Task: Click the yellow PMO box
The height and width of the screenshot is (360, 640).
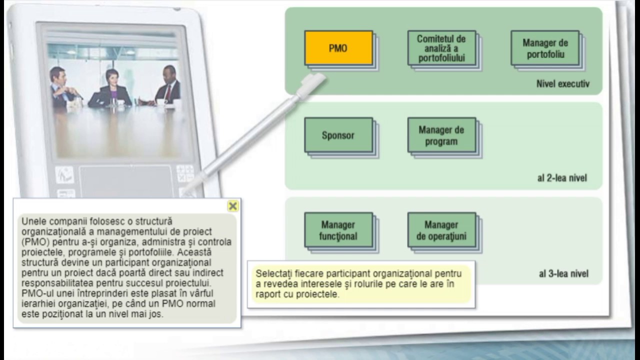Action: coord(338,48)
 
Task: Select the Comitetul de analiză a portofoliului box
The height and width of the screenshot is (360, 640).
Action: coord(441,48)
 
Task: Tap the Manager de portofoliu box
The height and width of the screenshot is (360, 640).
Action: coord(545,48)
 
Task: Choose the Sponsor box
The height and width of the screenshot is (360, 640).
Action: coord(338,135)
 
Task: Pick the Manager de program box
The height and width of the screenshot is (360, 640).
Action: coord(441,135)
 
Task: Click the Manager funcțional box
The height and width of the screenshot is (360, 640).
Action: coord(338,230)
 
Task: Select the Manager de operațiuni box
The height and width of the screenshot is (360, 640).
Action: coord(441,230)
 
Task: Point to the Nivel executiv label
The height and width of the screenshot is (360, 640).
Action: coord(562,84)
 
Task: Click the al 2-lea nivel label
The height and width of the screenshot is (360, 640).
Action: coord(562,178)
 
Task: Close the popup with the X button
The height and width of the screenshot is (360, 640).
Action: coord(232,206)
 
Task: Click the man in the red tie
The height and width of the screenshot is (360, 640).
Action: coord(168,86)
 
